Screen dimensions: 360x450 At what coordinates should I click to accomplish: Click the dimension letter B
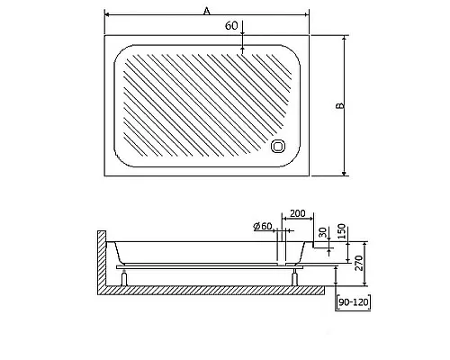pyautogui.click(x=340, y=106)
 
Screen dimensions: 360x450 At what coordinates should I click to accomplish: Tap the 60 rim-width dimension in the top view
pyautogui.click(x=231, y=26)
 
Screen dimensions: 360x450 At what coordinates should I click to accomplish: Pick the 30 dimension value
pyautogui.click(x=322, y=232)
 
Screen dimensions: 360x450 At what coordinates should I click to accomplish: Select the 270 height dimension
pyautogui.click(x=358, y=265)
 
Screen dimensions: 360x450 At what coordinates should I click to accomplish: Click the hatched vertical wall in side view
pyautogui.click(x=99, y=261)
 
